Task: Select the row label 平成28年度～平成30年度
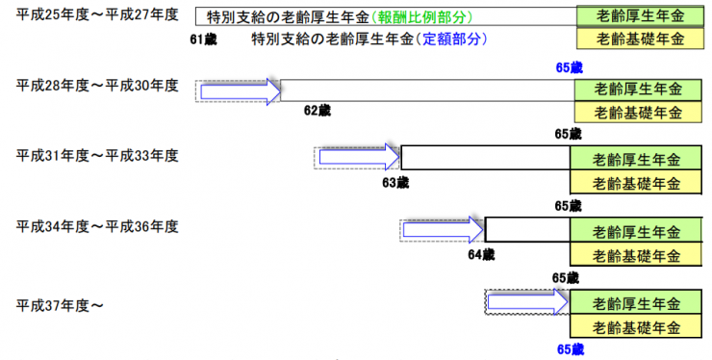[x=97, y=86]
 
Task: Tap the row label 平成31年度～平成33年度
[x=97, y=155]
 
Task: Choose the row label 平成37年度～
[x=60, y=305]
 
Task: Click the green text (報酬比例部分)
[x=423, y=16]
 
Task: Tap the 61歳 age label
[x=205, y=40]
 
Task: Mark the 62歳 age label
[x=318, y=111]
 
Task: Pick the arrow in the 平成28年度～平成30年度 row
[x=239, y=90]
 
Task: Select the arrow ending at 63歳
[x=359, y=157]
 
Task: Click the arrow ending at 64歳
[x=444, y=230]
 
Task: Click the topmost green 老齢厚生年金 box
[x=638, y=16]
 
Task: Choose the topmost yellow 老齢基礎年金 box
[x=638, y=40]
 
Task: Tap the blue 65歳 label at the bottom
[x=570, y=349]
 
